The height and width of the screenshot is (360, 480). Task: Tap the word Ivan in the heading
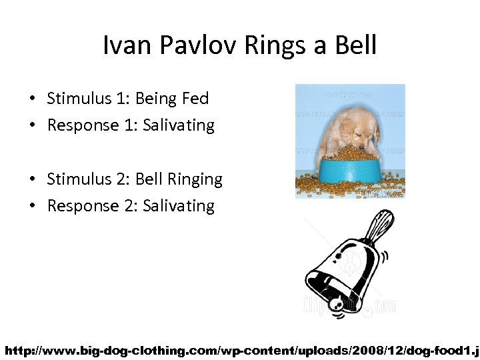click(x=123, y=46)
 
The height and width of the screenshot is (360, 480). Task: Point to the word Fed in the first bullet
click(x=195, y=99)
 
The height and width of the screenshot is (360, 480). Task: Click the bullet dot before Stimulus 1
click(x=32, y=99)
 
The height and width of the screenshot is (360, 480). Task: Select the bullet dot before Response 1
click(x=32, y=126)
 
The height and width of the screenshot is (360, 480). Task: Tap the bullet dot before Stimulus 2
click(x=32, y=179)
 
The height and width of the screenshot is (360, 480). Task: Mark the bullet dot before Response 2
click(x=32, y=206)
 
